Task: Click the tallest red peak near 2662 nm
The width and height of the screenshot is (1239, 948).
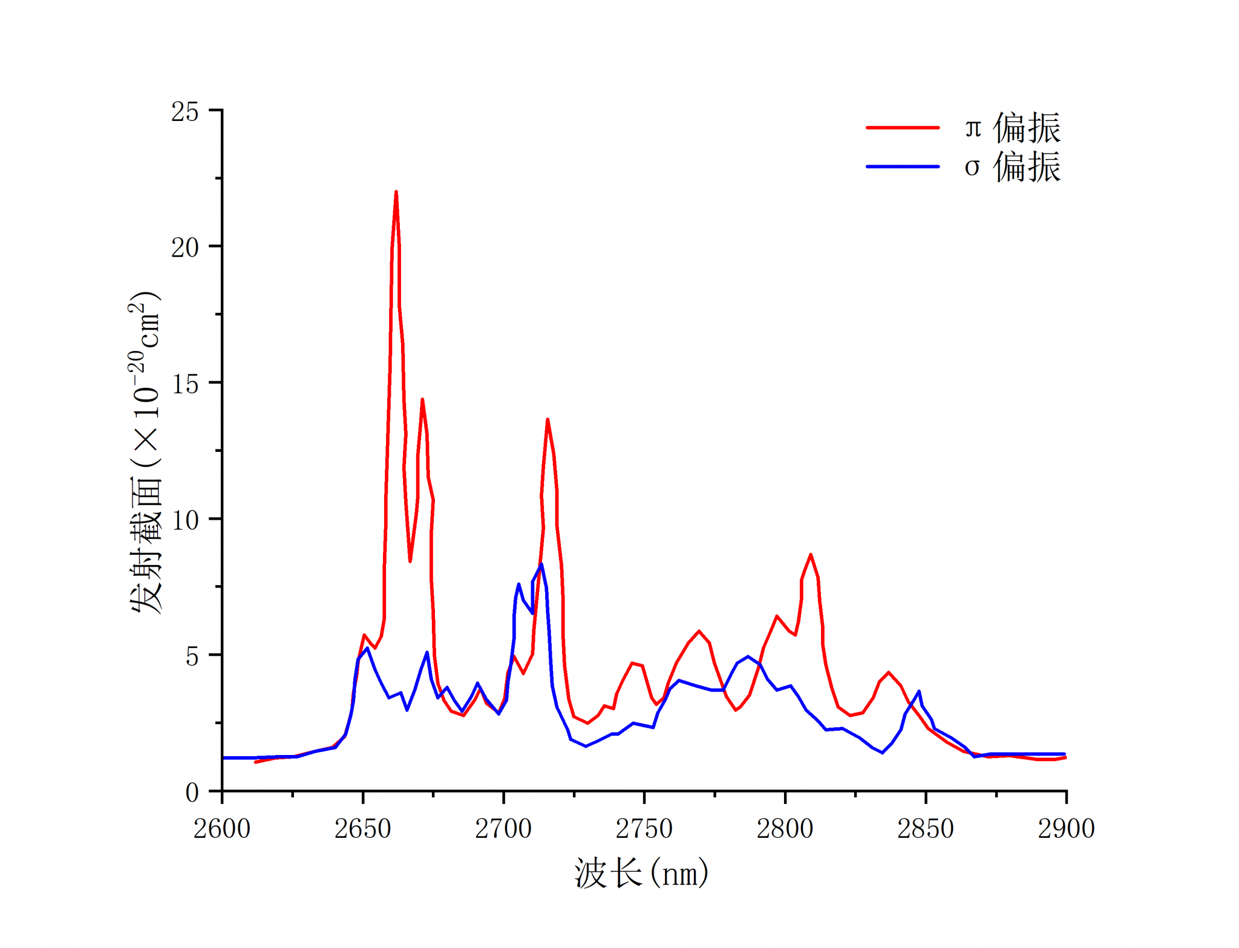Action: pyautogui.click(x=396, y=192)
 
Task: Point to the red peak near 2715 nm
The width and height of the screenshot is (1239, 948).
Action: pyautogui.click(x=548, y=419)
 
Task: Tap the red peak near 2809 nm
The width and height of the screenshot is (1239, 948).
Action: pyautogui.click(x=811, y=554)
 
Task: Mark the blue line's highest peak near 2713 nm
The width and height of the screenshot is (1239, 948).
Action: pyautogui.click(x=541, y=564)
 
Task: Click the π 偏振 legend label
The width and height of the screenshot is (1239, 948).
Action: pyautogui.click(x=1012, y=128)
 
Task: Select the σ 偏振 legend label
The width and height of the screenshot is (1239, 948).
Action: pyautogui.click(x=1012, y=167)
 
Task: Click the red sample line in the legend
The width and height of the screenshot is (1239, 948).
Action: pyautogui.click(x=903, y=128)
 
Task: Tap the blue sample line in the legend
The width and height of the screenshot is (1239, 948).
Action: pyautogui.click(x=903, y=166)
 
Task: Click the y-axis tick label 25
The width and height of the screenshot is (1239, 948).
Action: pyautogui.click(x=185, y=112)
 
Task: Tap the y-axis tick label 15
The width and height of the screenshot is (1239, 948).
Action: pyautogui.click(x=185, y=384)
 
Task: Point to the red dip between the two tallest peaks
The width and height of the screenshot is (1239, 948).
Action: pyautogui.click(x=410, y=561)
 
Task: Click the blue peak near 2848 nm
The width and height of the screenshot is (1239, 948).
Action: pyautogui.click(x=919, y=691)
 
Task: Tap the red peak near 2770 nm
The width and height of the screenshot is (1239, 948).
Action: pyautogui.click(x=699, y=631)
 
